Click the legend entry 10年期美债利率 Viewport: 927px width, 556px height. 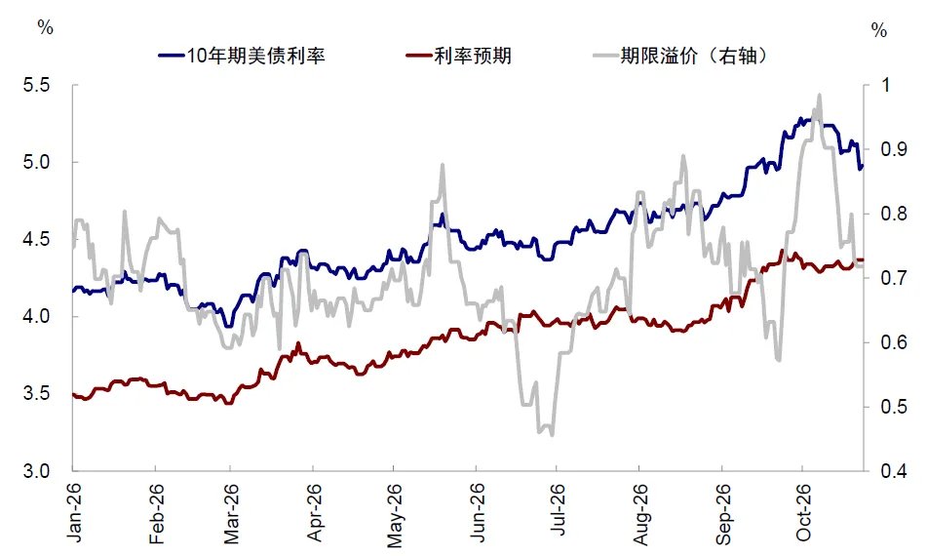[x=242, y=56]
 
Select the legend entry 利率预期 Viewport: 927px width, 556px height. [x=459, y=56]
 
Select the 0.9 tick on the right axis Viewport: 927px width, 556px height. [x=893, y=149]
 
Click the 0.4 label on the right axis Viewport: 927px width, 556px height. [x=893, y=471]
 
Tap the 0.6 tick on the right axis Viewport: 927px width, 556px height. [x=893, y=342]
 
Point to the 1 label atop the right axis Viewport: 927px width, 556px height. [x=885, y=85]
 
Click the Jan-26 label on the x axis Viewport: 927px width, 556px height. [x=74, y=512]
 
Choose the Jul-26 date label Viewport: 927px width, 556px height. [x=557, y=510]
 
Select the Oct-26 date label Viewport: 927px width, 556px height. [x=803, y=512]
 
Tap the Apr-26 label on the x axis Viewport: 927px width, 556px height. [x=314, y=512]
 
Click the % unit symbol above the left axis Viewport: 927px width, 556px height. [x=46, y=27]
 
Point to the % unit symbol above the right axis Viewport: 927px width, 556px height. [x=879, y=30]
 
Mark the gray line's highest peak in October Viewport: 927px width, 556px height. [x=820, y=95]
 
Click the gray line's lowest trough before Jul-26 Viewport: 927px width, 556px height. [x=552, y=435]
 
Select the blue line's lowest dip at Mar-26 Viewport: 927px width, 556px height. [x=229, y=326]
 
